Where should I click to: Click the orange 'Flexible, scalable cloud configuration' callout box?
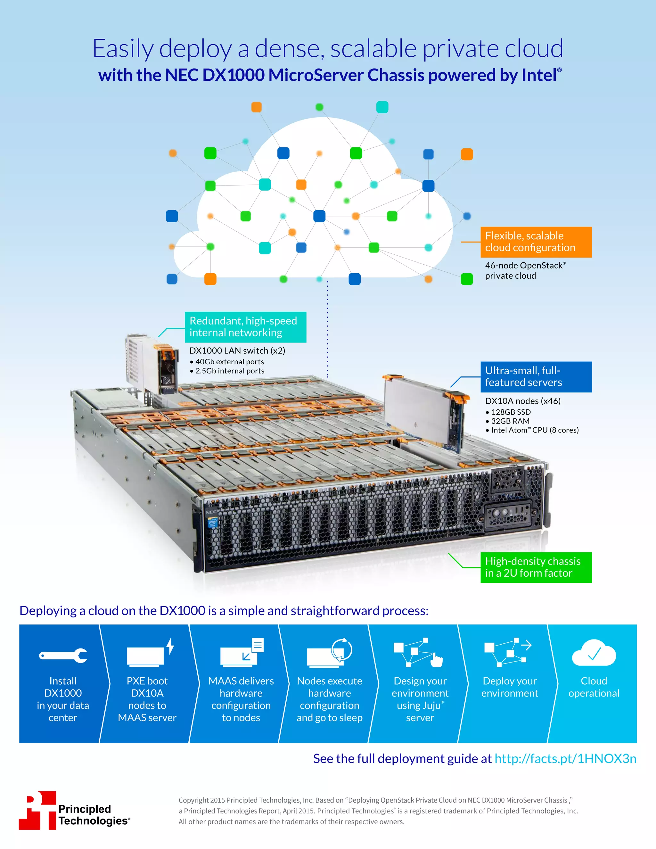[536, 242]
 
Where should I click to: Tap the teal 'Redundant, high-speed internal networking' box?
[245, 326]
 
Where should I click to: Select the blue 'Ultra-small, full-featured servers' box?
[536, 376]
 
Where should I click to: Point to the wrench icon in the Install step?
[63, 655]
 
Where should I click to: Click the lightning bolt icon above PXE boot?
[170, 646]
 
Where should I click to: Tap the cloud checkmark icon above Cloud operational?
[594, 653]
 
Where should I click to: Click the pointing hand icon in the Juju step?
[437, 660]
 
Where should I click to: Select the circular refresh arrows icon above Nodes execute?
[341, 649]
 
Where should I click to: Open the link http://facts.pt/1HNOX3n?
[565, 758]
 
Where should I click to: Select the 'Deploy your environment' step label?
[510, 687]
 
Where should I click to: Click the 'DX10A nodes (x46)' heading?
[522, 401]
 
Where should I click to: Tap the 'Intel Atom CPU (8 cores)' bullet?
[534, 430]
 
